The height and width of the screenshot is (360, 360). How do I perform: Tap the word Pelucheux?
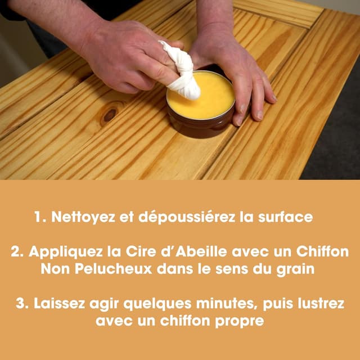[112, 269]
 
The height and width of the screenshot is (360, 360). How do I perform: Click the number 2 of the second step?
[15, 251]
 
